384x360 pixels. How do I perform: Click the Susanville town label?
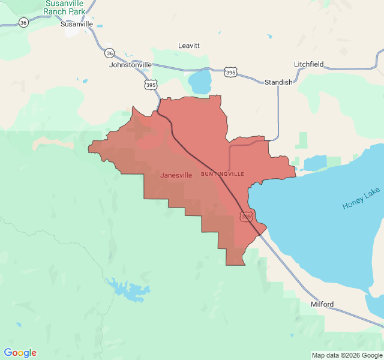tap(77, 25)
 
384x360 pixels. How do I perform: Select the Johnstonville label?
tap(131, 65)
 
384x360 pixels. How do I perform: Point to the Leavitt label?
tap(189, 46)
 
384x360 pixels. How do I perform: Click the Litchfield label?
tap(309, 64)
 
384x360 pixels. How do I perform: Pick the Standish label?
tap(278, 82)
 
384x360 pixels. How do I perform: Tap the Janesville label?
tap(176, 175)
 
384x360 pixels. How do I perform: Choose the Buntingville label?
tap(223, 173)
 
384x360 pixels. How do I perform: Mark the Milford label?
tap(322, 304)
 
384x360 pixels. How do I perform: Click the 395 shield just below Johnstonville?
tap(151, 85)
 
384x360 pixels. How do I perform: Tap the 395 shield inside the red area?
tap(246, 216)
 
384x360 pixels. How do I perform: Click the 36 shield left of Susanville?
tap(23, 22)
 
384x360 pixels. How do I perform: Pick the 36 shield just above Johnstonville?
tap(109, 53)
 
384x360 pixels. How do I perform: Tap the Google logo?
tap(20, 353)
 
